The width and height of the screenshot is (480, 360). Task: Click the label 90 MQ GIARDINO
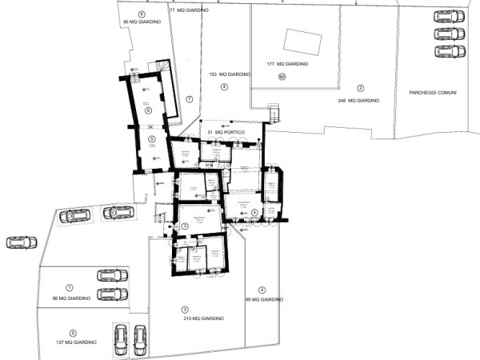tap(141, 22)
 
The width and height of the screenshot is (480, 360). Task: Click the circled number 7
tap(190, 98)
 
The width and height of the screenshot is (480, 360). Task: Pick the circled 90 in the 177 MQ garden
tap(282, 77)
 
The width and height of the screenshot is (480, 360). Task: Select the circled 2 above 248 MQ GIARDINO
tap(361, 88)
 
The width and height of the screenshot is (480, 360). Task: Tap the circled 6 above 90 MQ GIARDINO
tap(142, 14)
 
